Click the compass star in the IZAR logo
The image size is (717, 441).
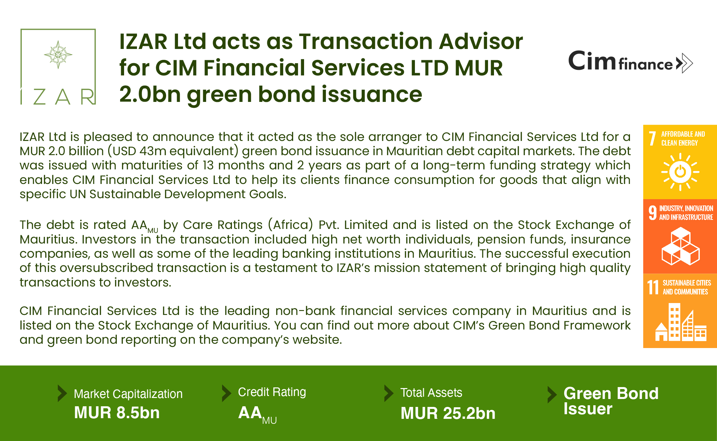point(58,55)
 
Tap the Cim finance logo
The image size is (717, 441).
point(631,62)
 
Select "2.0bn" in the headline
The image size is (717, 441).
point(150,94)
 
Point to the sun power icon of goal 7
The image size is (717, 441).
point(680,172)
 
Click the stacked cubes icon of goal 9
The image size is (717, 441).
point(681,246)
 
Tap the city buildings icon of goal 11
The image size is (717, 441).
point(681,323)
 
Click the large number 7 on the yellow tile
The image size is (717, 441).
point(652,138)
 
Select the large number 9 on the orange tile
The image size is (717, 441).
point(652,213)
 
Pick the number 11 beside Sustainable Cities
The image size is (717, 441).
point(653,287)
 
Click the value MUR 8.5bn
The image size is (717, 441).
point(117,413)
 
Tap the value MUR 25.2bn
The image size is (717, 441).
point(448,413)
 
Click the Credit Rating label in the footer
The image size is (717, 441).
point(272,392)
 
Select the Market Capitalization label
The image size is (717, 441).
point(128,394)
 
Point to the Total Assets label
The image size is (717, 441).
point(431,393)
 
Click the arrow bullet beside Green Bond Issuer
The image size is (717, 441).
point(552,395)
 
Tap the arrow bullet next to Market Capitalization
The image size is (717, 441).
point(62,393)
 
